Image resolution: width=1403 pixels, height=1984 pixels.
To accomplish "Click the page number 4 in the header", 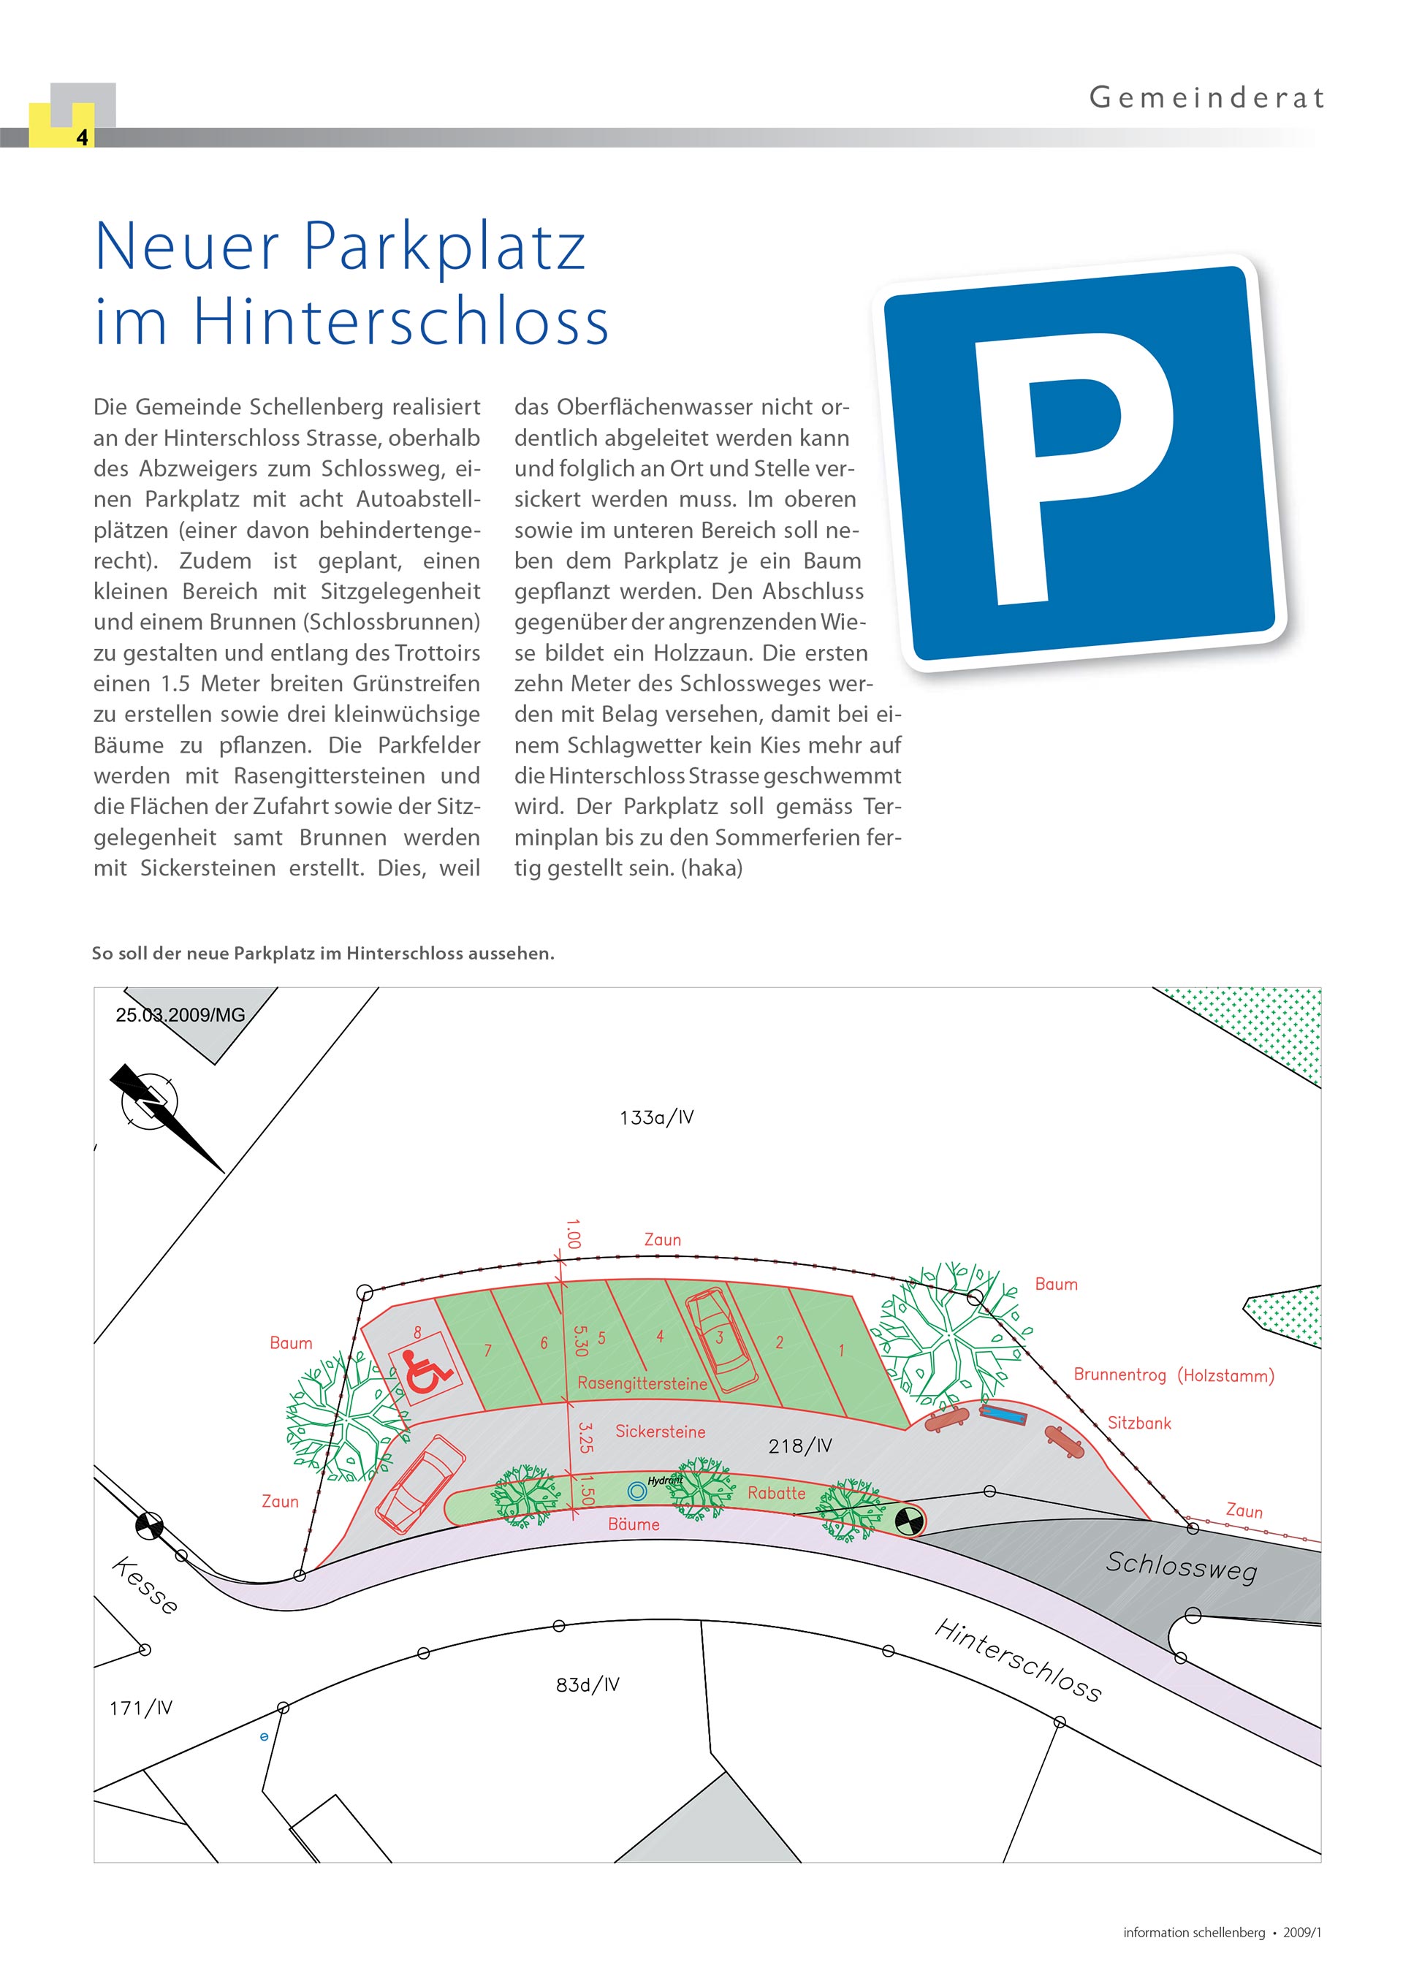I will tap(82, 137).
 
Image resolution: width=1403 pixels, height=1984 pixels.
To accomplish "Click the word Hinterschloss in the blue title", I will tap(400, 322).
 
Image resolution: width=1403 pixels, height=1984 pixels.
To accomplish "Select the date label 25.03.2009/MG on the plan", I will tap(180, 1015).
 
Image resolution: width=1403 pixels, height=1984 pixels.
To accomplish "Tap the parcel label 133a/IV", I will tap(657, 1117).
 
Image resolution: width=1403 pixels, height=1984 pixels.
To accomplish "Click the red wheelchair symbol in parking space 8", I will tap(426, 1372).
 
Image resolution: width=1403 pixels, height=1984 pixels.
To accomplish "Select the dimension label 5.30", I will tap(579, 1340).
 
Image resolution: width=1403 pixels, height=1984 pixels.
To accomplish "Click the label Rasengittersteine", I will tap(642, 1383).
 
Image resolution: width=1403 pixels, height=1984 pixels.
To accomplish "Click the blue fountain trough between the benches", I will tap(1002, 1415).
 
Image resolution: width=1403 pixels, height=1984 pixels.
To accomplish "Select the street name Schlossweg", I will tap(1181, 1567).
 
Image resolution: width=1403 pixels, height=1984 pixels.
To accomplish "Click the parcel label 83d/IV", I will tap(588, 1684).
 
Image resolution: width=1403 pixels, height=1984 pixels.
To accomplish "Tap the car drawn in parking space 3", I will tap(721, 1339).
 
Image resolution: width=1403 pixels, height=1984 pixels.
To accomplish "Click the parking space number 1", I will tap(840, 1350).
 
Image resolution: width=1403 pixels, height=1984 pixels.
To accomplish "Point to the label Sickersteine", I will tap(660, 1432).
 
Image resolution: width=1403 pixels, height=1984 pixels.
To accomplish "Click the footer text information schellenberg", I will tap(1193, 1932).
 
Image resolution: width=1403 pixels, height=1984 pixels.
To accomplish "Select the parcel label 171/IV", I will tap(141, 1708).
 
